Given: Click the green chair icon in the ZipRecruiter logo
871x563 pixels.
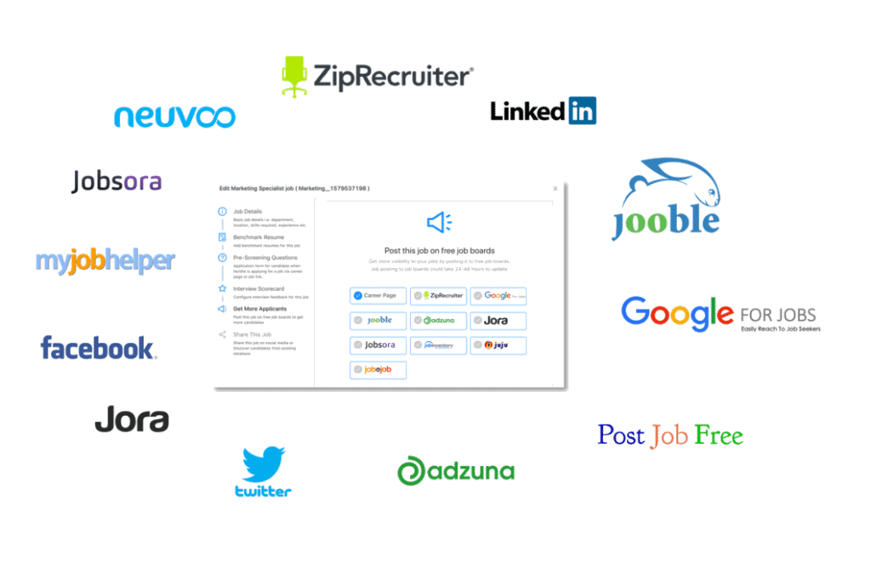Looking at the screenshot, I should (294, 74).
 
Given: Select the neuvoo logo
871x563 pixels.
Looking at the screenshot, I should (174, 116).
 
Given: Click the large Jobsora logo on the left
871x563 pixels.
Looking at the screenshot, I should (117, 181).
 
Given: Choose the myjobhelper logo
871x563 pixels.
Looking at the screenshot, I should (105, 260).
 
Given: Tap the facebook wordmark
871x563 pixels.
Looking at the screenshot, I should (98, 348).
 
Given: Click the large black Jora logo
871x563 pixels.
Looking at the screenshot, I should (131, 419).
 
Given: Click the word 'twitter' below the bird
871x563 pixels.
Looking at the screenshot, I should (263, 492).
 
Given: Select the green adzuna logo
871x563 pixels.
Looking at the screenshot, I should (455, 471).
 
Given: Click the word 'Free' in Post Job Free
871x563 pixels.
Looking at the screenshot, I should (719, 435).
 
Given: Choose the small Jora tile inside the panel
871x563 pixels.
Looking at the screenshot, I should (498, 321).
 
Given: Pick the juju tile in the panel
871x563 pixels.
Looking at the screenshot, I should (498, 345).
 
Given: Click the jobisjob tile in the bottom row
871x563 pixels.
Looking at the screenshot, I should (378, 370).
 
